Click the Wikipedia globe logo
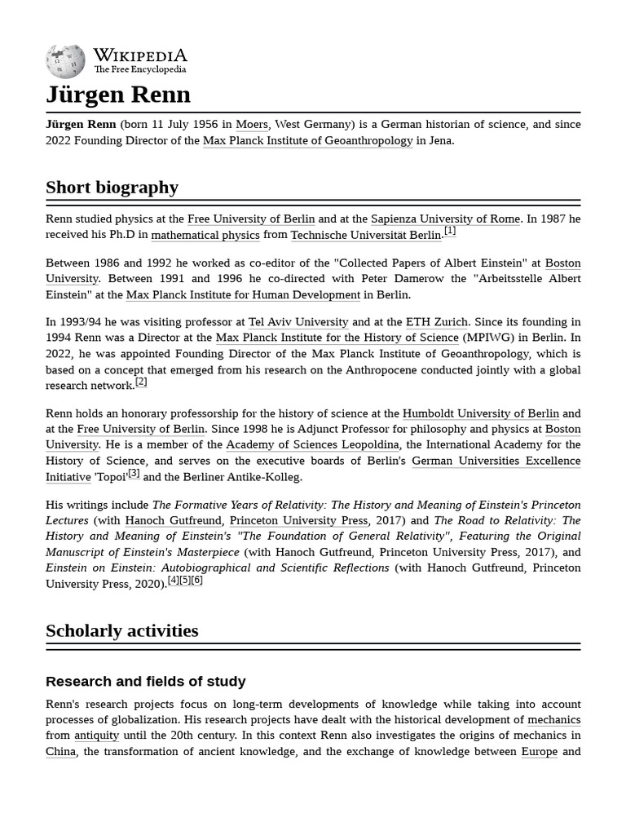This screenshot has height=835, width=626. (65, 61)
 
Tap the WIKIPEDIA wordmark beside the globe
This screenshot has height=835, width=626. (139, 55)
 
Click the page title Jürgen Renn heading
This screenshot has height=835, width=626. (118, 95)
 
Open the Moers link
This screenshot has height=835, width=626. (252, 125)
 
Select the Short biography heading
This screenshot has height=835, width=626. (112, 187)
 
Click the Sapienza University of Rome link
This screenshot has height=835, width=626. (445, 219)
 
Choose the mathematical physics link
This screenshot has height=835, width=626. (205, 235)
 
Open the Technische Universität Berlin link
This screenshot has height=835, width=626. (365, 235)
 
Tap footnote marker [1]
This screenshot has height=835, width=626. (450, 231)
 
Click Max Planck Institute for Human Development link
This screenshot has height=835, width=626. (243, 294)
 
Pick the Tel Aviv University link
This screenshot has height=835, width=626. (298, 322)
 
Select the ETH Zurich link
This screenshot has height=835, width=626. (437, 322)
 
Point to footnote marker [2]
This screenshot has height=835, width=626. (141, 382)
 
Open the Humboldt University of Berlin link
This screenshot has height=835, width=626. (481, 413)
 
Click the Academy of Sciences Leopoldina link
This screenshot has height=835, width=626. (312, 444)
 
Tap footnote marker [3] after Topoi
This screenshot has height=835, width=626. (134, 473)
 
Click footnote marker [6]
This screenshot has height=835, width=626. (196, 581)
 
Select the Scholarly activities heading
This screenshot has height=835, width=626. (122, 630)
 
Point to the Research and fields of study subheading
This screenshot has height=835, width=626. (145, 681)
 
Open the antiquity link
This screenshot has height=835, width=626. (97, 736)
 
